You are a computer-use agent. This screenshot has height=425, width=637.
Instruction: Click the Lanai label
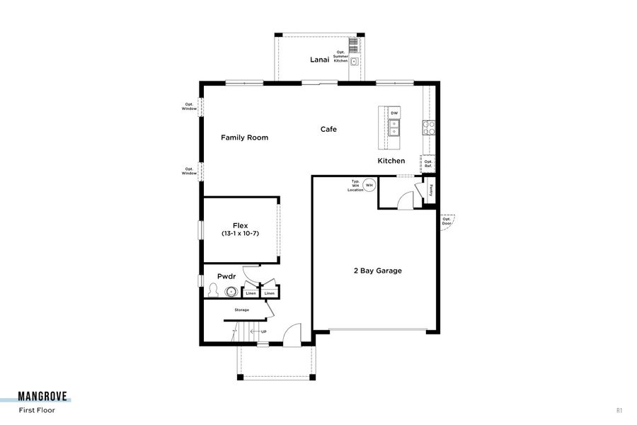[x=320, y=59]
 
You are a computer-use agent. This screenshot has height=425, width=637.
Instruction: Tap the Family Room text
[x=244, y=137]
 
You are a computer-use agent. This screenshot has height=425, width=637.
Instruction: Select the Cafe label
[x=328, y=129]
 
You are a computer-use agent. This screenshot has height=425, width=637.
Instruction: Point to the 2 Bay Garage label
[x=378, y=271]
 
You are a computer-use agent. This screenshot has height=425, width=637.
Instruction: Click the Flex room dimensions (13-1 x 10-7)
[x=241, y=233]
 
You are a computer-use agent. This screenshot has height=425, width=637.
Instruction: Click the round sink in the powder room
[x=230, y=291]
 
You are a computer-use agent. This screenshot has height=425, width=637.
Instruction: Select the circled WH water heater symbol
[x=369, y=185]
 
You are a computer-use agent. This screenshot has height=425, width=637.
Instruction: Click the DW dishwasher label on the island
[x=394, y=113]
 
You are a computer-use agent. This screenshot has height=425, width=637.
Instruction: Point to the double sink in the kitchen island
[x=394, y=127]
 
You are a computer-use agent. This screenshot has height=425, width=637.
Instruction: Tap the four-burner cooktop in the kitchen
[x=429, y=127]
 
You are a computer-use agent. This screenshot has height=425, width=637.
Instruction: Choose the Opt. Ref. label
[x=428, y=164]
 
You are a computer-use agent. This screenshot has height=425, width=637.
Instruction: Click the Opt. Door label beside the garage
[x=447, y=221]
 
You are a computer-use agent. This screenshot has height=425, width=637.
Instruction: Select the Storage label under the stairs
[x=242, y=310]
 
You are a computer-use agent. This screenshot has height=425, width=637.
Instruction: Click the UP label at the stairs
[x=263, y=331]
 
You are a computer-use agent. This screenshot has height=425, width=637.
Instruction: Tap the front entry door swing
[x=292, y=334]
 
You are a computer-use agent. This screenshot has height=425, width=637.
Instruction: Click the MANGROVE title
[x=44, y=397]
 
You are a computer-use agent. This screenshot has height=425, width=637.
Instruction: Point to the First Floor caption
[x=37, y=410]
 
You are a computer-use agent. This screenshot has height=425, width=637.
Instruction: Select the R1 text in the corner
[x=619, y=410]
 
